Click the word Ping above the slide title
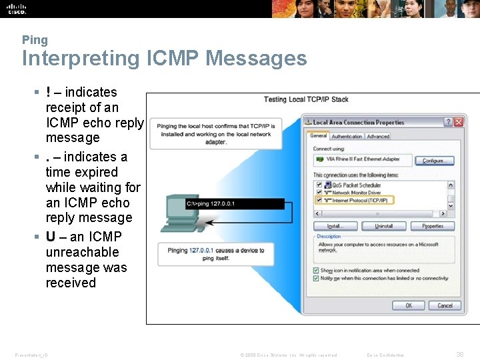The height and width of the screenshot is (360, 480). point(35,40)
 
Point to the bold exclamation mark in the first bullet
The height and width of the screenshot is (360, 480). point(49,92)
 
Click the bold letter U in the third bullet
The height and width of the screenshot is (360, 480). point(51,237)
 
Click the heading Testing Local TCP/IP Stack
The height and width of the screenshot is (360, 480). point(306,99)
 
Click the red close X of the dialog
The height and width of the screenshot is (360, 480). point(459,122)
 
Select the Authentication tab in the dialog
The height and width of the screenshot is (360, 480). point(347,136)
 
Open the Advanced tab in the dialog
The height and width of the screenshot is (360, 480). point(378,136)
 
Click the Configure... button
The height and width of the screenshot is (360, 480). point(433,161)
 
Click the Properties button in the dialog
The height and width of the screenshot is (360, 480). point(433,226)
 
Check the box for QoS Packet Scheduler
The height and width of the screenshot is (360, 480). point(319,185)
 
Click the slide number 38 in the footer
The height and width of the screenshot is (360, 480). point(459,355)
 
